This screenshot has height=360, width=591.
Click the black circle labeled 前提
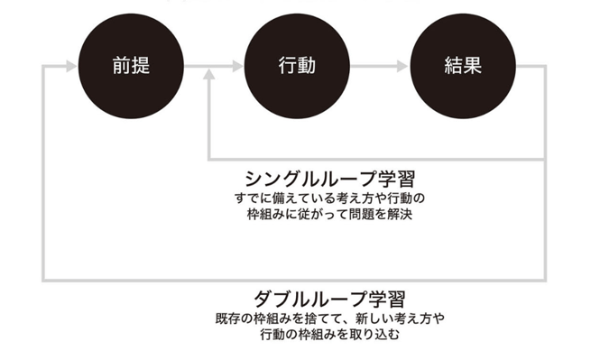(x=132, y=65)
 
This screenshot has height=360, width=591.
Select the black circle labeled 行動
(x=297, y=65)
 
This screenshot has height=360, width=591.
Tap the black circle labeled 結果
(x=462, y=65)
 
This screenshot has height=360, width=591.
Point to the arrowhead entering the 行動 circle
(x=236, y=65)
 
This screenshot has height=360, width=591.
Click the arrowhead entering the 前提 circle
(x=70, y=65)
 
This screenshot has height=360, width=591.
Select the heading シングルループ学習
(x=321, y=176)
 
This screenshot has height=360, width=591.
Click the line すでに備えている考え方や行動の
(x=321, y=198)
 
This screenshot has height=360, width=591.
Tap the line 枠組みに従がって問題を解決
(x=321, y=215)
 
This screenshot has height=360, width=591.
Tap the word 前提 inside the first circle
(x=132, y=65)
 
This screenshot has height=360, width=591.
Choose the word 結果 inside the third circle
(x=462, y=65)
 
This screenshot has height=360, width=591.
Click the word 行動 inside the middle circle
(x=297, y=65)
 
